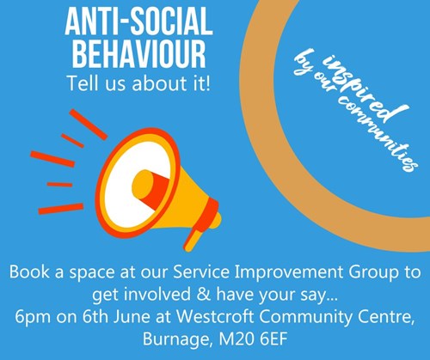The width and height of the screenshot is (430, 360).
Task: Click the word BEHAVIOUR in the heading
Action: tap(138, 54)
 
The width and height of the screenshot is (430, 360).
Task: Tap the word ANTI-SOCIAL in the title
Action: tap(138, 21)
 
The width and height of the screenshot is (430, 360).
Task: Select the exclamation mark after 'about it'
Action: tap(207, 83)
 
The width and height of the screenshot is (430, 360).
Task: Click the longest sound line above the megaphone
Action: tap(88, 125)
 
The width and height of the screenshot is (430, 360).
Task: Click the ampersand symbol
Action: tap(204, 295)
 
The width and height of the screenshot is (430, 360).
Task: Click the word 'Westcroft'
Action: tap(215, 317)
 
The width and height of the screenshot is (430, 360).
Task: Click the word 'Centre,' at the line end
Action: tap(386, 317)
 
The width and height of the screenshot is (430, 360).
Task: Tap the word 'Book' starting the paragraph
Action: tap(29, 272)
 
